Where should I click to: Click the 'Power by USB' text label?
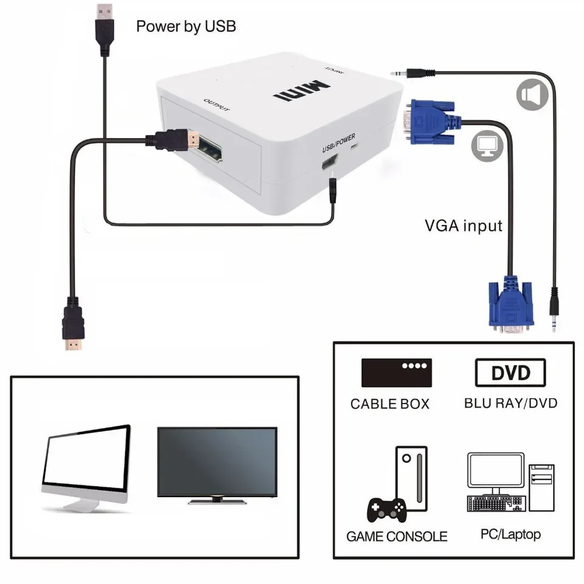coord(186,26)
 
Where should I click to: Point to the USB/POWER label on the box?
coord(339,141)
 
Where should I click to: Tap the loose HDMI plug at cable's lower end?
coord(74,332)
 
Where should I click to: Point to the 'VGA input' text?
coord(464,226)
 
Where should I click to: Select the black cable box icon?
coord(397,372)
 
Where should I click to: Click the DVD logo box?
coord(510,372)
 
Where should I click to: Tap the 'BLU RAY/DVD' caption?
coord(510,403)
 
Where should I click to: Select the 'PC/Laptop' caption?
coord(510,534)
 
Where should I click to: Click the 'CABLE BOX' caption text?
coord(389,404)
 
